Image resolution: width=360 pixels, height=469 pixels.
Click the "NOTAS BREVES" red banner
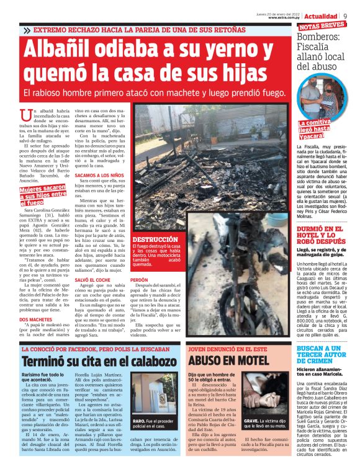pyautogui.click(x=322, y=26)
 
